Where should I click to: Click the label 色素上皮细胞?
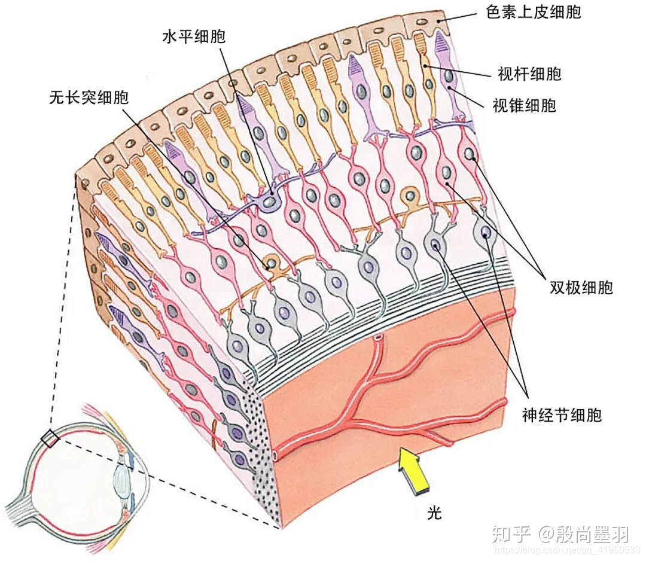534,11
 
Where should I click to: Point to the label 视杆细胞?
529,74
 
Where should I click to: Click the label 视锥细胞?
524,106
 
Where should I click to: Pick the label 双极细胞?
581,287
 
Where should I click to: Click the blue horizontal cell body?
270,203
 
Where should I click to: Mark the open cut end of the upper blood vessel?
378,339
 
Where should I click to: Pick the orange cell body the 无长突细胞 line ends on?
272,263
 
